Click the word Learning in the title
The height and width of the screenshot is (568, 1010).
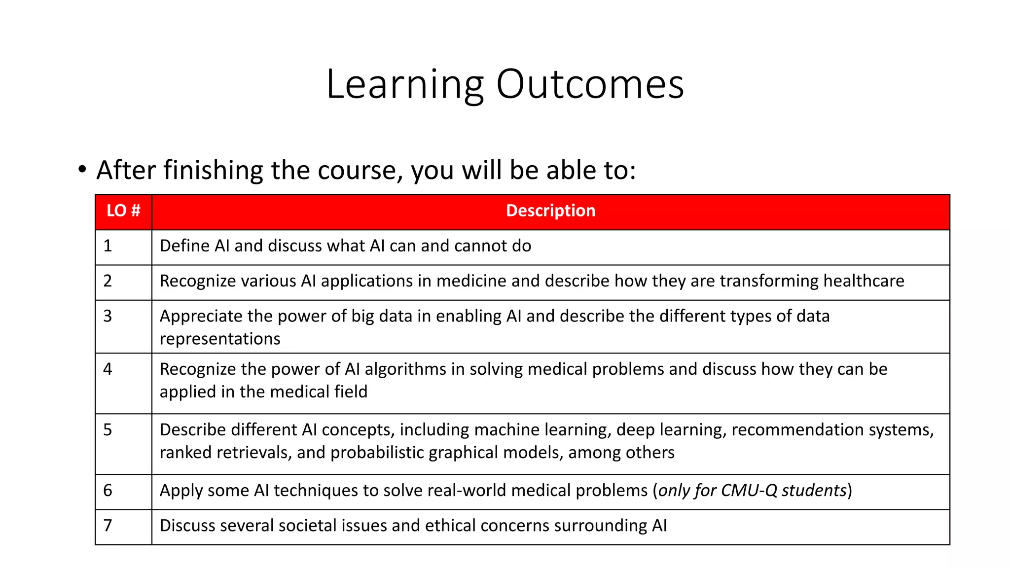(x=404, y=85)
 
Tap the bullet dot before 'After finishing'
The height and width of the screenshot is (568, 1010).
(x=82, y=170)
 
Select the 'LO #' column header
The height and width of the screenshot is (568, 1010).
(x=123, y=211)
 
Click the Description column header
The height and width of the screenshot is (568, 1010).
(x=550, y=211)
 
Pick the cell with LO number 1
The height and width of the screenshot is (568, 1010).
(x=108, y=246)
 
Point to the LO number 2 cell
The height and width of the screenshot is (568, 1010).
(x=108, y=281)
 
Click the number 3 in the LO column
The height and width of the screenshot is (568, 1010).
(x=108, y=316)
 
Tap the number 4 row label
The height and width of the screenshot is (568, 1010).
(x=108, y=369)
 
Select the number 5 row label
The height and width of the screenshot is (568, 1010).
(x=108, y=430)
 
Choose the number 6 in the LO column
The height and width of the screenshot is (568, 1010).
(x=108, y=491)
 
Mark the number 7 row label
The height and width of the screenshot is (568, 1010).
(x=108, y=526)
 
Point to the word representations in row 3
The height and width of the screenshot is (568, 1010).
(x=220, y=339)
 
